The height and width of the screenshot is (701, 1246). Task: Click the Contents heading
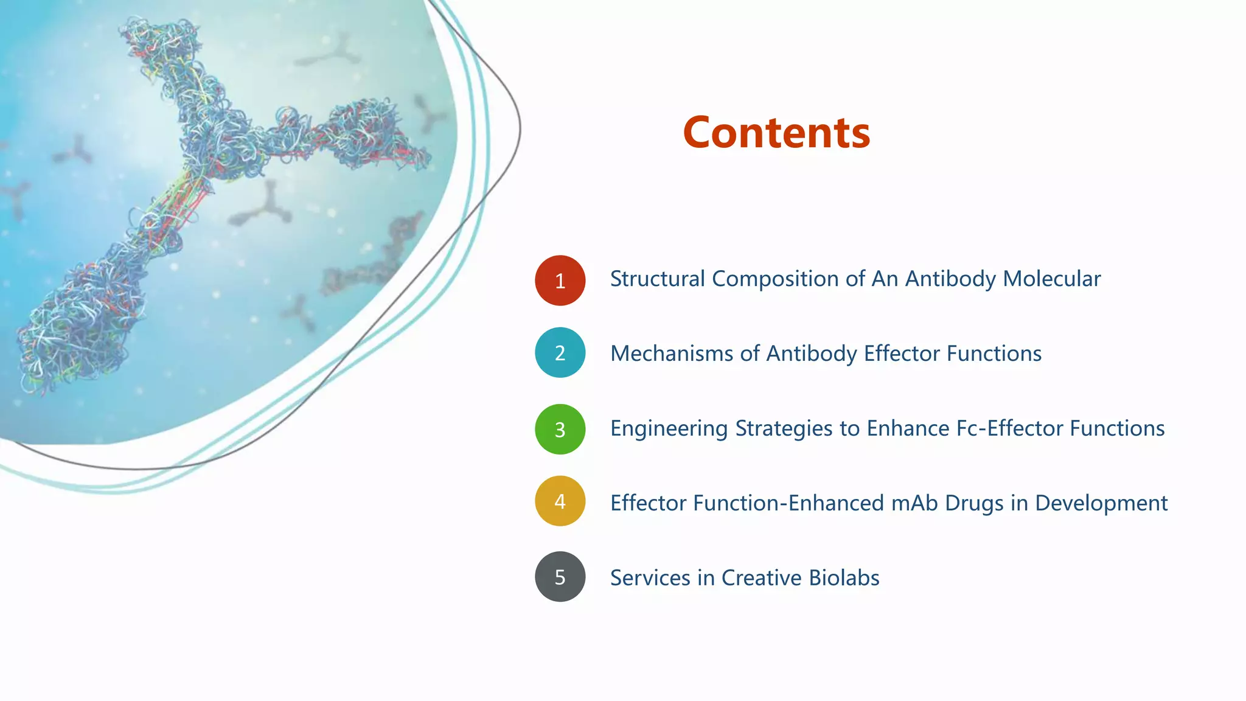click(x=776, y=133)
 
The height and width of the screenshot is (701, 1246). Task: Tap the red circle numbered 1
click(x=560, y=281)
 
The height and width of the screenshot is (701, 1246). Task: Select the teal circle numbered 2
click(x=560, y=353)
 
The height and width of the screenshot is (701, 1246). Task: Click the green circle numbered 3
click(x=560, y=429)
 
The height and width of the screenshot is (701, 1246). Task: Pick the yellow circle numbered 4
click(x=560, y=501)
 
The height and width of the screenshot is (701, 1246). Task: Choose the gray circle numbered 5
click(x=560, y=577)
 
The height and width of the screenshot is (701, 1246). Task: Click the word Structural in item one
click(x=657, y=279)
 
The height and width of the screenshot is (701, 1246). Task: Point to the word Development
click(x=1101, y=504)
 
